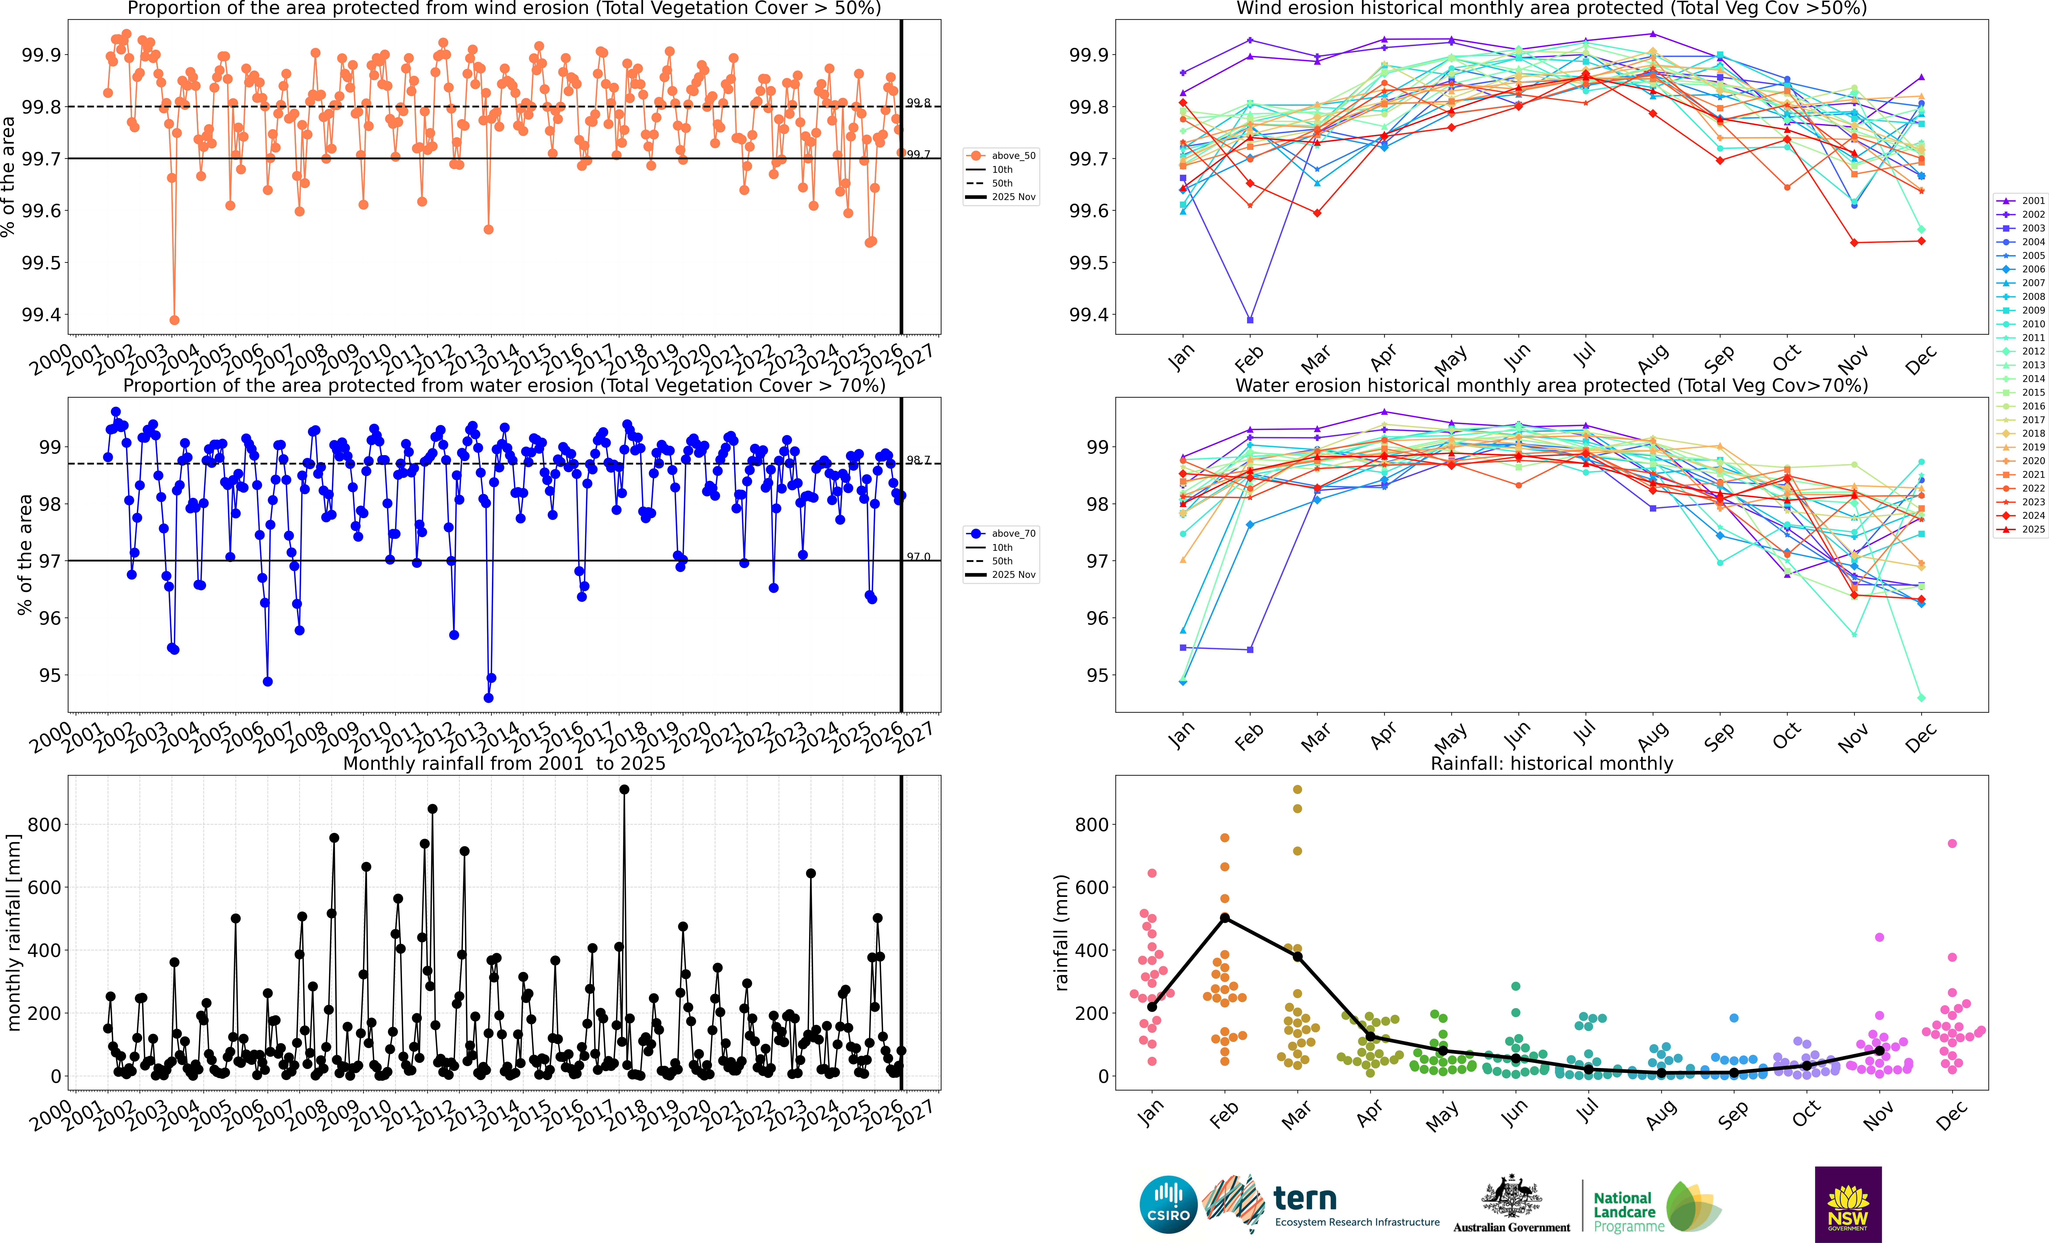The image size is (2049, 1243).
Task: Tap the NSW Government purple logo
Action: click(x=1848, y=1204)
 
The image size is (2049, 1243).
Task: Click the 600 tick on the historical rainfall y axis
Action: click(x=1091, y=887)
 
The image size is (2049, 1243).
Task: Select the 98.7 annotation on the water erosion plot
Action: click(x=918, y=460)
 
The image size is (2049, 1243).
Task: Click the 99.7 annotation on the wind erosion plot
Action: click(x=918, y=155)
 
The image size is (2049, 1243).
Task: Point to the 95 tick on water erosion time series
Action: click(x=50, y=675)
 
